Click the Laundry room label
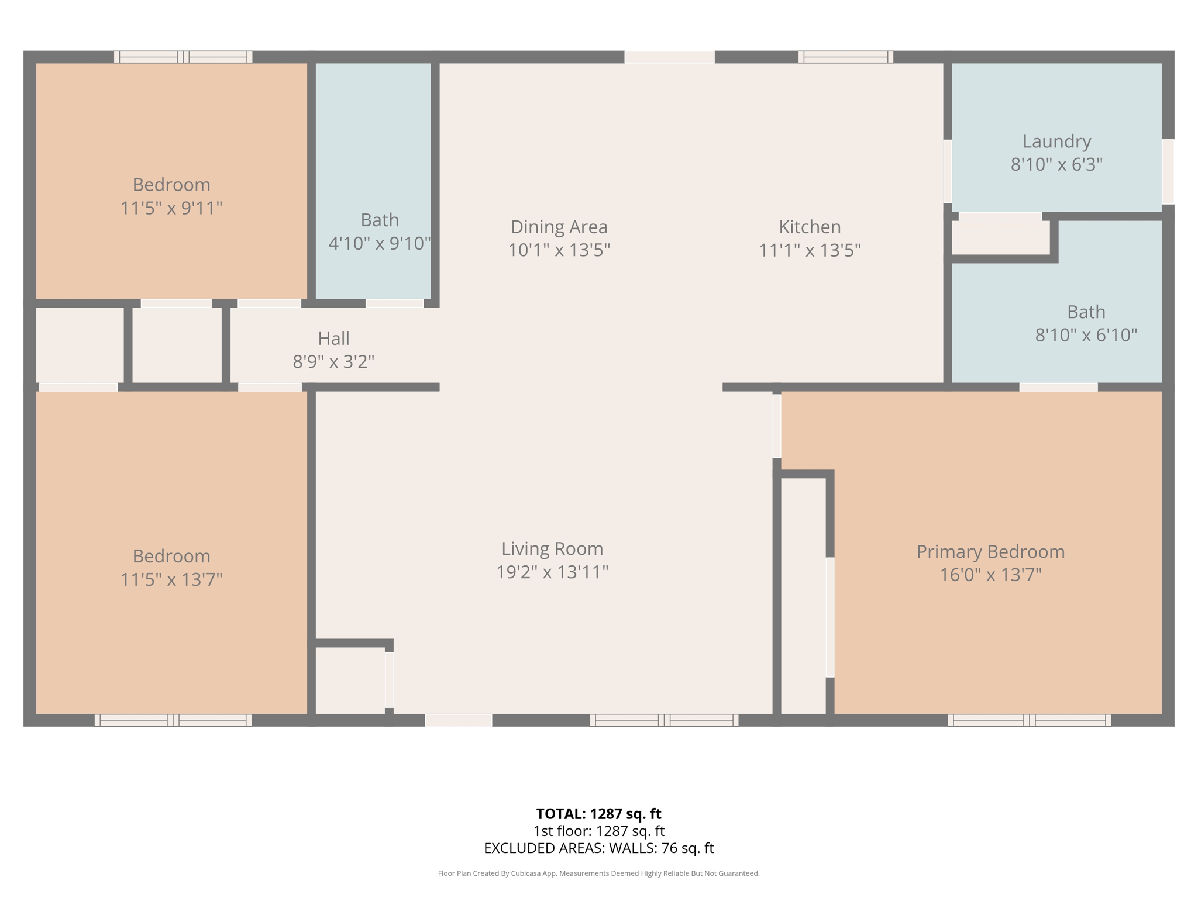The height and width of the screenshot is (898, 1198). (x=1056, y=141)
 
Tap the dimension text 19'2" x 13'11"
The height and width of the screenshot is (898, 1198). (x=552, y=572)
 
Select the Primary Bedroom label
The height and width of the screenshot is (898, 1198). (x=990, y=551)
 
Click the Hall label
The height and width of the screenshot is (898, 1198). (x=333, y=339)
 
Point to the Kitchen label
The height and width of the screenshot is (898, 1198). (x=810, y=227)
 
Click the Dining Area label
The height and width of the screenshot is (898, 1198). (x=559, y=227)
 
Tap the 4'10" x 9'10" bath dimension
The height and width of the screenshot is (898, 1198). (x=380, y=243)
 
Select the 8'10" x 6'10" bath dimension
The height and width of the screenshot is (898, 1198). (x=1086, y=335)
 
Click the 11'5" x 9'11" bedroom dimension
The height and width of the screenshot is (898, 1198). (x=171, y=208)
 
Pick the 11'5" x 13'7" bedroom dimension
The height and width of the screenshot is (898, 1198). (x=171, y=579)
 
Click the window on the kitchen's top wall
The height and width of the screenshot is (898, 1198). (x=845, y=57)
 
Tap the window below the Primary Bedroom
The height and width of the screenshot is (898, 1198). (x=1029, y=720)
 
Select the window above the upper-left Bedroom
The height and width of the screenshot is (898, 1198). (x=183, y=57)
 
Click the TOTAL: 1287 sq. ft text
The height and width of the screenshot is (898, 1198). (x=598, y=814)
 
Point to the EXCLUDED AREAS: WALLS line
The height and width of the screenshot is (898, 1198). (x=598, y=848)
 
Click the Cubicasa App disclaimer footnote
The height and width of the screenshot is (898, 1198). (x=598, y=873)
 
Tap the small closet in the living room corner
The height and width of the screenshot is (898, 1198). (x=350, y=680)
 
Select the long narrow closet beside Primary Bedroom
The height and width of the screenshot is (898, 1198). (x=803, y=595)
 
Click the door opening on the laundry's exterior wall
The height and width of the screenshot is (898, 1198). (x=1168, y=171)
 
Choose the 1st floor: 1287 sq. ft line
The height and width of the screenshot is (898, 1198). (x=598, y=831)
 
